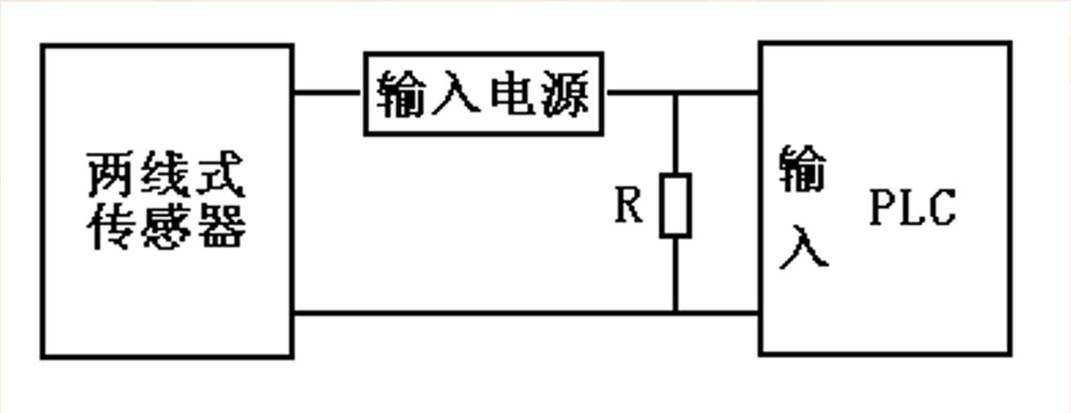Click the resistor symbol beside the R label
676,205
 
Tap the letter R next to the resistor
628,207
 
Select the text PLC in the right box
911,209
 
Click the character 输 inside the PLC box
803,168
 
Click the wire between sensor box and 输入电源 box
328,92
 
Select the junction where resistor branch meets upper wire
676,92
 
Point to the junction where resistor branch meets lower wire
676,312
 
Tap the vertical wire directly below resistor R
676,275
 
